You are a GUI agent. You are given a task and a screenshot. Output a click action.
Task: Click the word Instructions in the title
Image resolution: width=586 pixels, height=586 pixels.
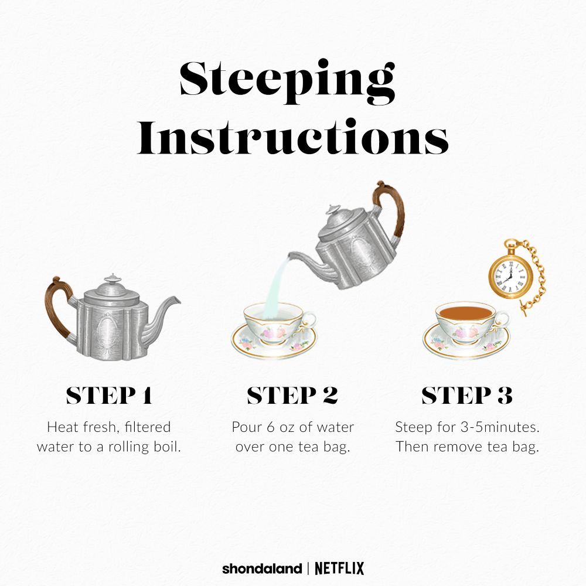(x=293, y=137)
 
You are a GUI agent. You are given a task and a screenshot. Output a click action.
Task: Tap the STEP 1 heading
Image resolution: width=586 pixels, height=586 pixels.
(x=109, y=396)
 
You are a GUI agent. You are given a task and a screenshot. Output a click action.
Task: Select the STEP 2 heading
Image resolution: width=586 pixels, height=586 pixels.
(x=292, y=396)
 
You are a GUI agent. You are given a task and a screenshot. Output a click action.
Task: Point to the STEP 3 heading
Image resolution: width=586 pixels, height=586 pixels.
(x=467, y=396)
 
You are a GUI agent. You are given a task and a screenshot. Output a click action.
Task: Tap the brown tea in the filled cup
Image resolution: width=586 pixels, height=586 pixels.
(x=465, y=312)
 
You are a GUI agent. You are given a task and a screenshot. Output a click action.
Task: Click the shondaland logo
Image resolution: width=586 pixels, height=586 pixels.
(x=262, y=569)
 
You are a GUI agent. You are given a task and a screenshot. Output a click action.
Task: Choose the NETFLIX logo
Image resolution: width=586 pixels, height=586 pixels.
(x=339, y=569)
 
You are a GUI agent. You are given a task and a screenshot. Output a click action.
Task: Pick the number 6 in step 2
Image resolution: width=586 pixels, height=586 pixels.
(x=271, y=427)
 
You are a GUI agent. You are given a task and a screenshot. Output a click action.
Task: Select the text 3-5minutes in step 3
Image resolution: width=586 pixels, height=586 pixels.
(x=500, y=427)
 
